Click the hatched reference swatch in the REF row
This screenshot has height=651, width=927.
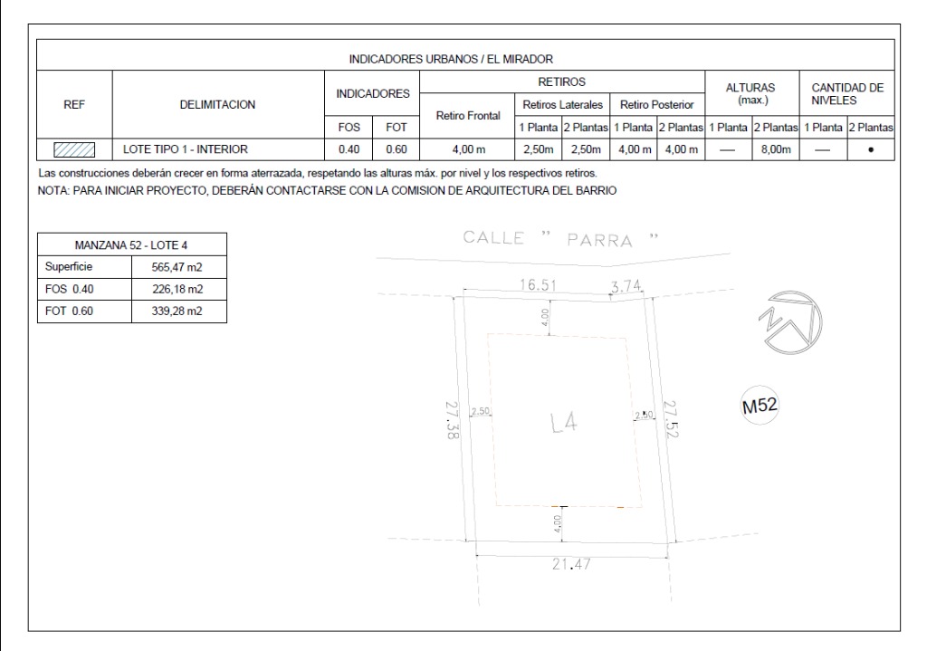[x=74, y=149]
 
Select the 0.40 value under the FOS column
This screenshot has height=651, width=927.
[x=349, y=149]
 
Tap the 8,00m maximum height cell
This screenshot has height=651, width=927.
[x=776, y=149]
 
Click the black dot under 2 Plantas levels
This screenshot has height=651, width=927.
[x=871, y=150]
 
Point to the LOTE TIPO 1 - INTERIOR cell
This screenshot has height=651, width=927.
[x=185, y=149]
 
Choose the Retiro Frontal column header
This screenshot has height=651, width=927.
[x=468, y=115]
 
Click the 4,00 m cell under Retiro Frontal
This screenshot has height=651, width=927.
[x=468, y=149]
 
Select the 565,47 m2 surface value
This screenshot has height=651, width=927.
[x=177, y=267]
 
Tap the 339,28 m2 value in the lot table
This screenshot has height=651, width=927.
[x=177, y=311]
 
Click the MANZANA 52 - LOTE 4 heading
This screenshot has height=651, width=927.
[x=131, y=244]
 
